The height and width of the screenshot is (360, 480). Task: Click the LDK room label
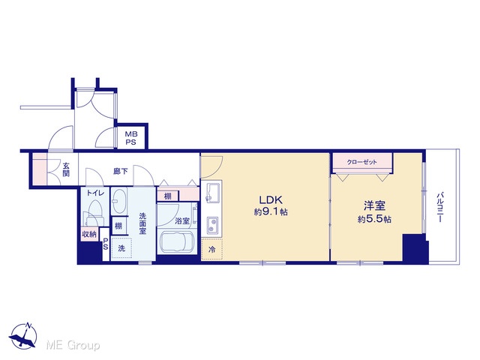click(x=271, y=200)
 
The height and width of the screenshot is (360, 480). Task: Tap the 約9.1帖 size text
click(x=271, y=211)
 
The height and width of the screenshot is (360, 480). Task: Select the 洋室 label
click(x=374, y=205)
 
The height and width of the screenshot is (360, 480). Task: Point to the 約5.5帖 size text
click(x=374, y=219)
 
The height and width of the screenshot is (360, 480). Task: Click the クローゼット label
click(x=361, y=162)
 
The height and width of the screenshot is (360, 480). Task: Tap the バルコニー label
click(x=440, y=207)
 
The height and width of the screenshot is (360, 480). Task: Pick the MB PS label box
click(x=131, y=138)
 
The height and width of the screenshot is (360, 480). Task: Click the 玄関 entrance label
click(x=66, y=169)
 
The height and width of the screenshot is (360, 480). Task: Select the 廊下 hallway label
click(x=120, y=172)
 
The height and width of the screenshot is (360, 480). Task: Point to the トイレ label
click(x=95, y=193)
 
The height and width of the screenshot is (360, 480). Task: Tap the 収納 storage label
click(x=89, y=235)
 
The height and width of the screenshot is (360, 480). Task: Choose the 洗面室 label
click(x=142, y=223)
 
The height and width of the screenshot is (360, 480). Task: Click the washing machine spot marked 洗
click(x=121, y=248)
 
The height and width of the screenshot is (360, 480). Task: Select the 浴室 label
click(x=181, y=220)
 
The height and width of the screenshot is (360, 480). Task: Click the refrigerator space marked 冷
click(x=211, y=249)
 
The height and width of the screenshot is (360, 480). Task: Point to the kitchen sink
click(x=211, y=193)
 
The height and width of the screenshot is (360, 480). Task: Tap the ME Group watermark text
click(x=73, y=346)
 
